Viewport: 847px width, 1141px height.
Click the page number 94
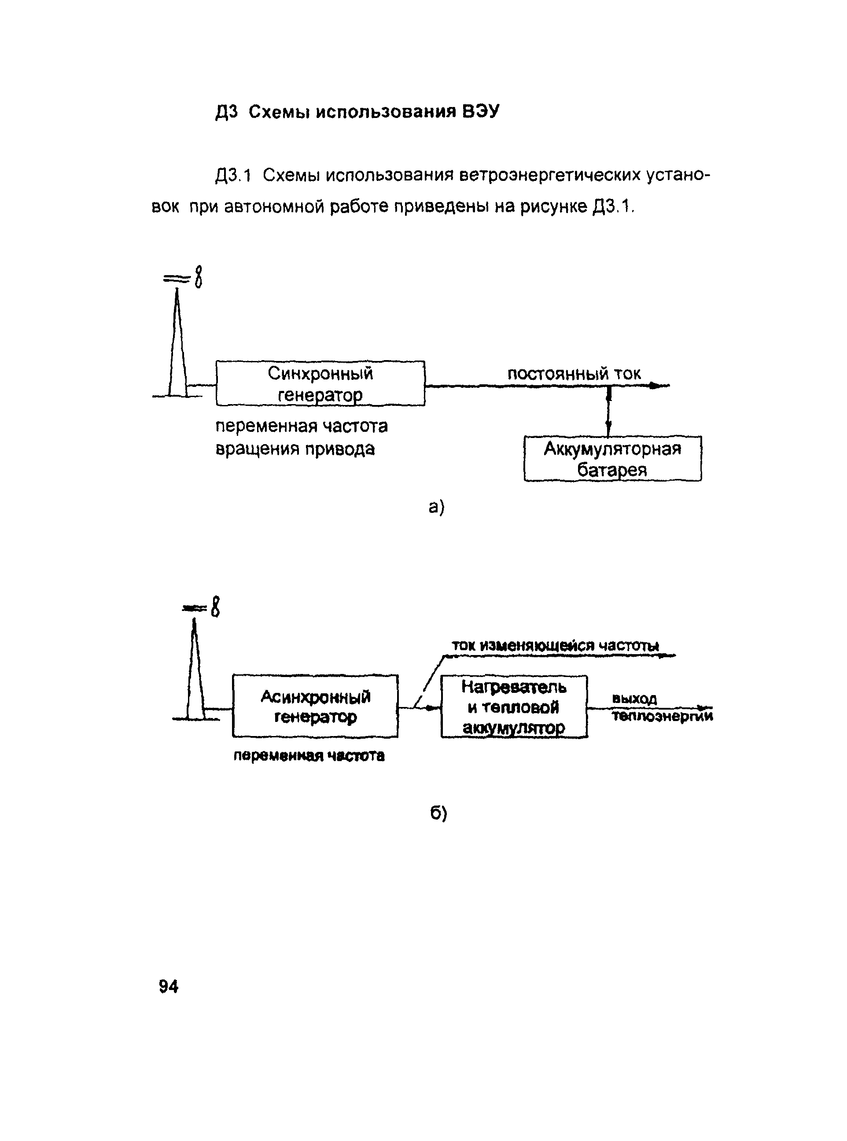pyautogui.click(x=168, y=986)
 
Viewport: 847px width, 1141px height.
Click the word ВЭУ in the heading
pyautogui.click(x=480, y=111)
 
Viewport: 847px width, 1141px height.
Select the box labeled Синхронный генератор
pyautogui.click(x=320, y=383)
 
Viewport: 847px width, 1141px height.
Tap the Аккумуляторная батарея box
pyautogui.click(x=612, y=459)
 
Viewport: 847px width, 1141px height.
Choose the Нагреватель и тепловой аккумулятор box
pyautogui.click(x=514, y=707)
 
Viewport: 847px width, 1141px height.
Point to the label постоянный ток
pyautogui.click(x=574, y=374)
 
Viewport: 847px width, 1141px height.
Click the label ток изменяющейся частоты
pyautogui.click(x=555, y=645)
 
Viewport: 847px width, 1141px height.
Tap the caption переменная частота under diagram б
pyautogui.click(x=309, y=755)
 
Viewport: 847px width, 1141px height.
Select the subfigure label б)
pyautogui.click(x=438, y=813)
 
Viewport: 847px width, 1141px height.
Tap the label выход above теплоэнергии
pyautogui.click(x=634, y=699)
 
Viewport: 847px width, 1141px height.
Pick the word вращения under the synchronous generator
pyautogui.click(x=257, y=449)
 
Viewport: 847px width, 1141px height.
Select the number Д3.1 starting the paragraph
pyautogui.click(x=233, y=175)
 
